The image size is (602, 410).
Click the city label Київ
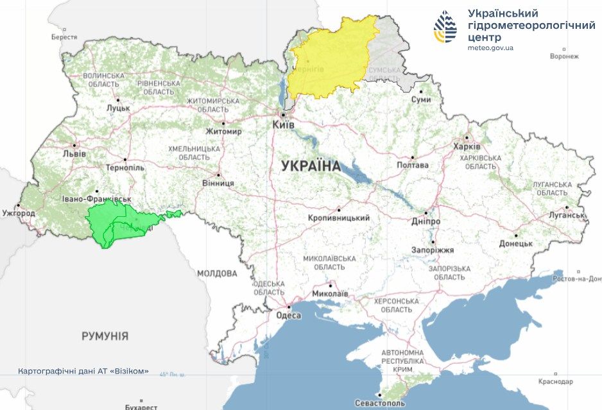[x=283, y=124]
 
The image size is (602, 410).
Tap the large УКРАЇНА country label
[x=311, y=166]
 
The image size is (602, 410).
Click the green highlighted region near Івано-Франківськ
[x=119, y=223]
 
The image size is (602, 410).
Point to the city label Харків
[x=466, y=146]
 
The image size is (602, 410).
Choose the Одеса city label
[x=289, y=315]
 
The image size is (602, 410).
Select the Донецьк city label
[x=516, y=243]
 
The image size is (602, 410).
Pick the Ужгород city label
[x=19, y=212]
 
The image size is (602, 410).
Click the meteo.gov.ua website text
[x=490, y=48]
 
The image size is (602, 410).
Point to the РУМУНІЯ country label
[x=105, y=336]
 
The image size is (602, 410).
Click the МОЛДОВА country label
[x=217, y=273]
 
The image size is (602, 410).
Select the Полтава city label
[x=413, y=165]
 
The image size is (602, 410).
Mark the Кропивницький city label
[x=339, y=218]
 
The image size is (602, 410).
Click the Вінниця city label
[x=219, y=183]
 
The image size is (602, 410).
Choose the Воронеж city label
[x=564, y=56]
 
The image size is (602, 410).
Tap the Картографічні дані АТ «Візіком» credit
[x=84, y=371]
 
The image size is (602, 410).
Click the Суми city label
[x=421, y=100]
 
